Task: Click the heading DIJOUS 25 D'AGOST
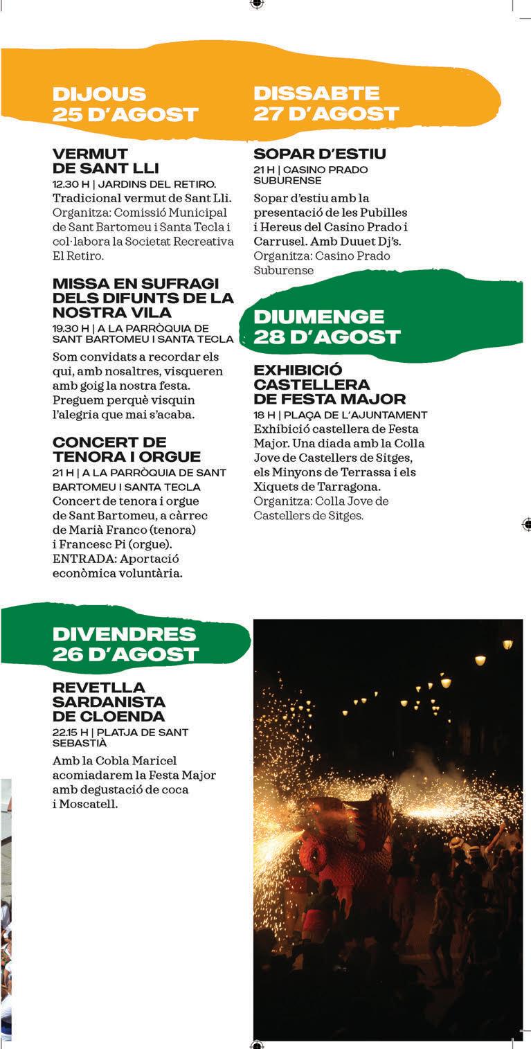[125, 104]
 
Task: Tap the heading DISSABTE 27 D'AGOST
[326, 103]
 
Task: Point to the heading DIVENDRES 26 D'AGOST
[125, 644]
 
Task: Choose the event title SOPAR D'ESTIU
[319, 154]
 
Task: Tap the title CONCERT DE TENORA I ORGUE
[126, 449]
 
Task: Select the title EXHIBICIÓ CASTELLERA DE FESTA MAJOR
[329, 384]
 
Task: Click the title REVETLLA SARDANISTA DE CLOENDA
[109, 701]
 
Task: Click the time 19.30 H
[70, 328]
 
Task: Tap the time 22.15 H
[70, 732]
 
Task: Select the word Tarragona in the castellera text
[347, 487]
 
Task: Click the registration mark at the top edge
[257, 3]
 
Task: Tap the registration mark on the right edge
[527, 524]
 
